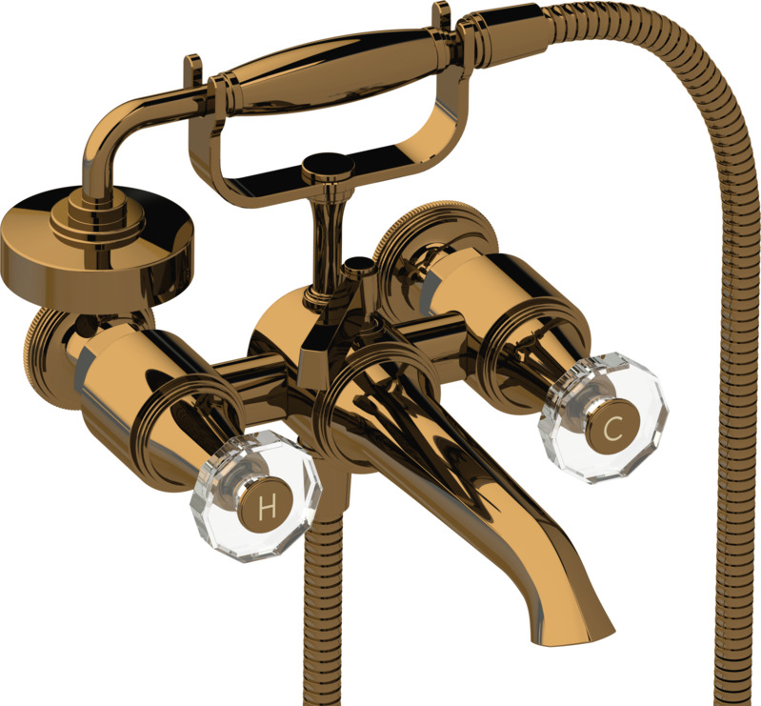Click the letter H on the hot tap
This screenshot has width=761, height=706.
tap(267, 507)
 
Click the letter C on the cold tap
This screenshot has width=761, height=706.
tap(612, 429)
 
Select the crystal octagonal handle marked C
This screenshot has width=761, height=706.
tap(602, 417)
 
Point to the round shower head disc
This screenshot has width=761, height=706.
tap(97, 243)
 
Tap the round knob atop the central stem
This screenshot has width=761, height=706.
tap(328, 168)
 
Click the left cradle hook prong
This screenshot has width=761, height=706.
tap(193, 71)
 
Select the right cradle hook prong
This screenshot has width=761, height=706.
tap(441, 15)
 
